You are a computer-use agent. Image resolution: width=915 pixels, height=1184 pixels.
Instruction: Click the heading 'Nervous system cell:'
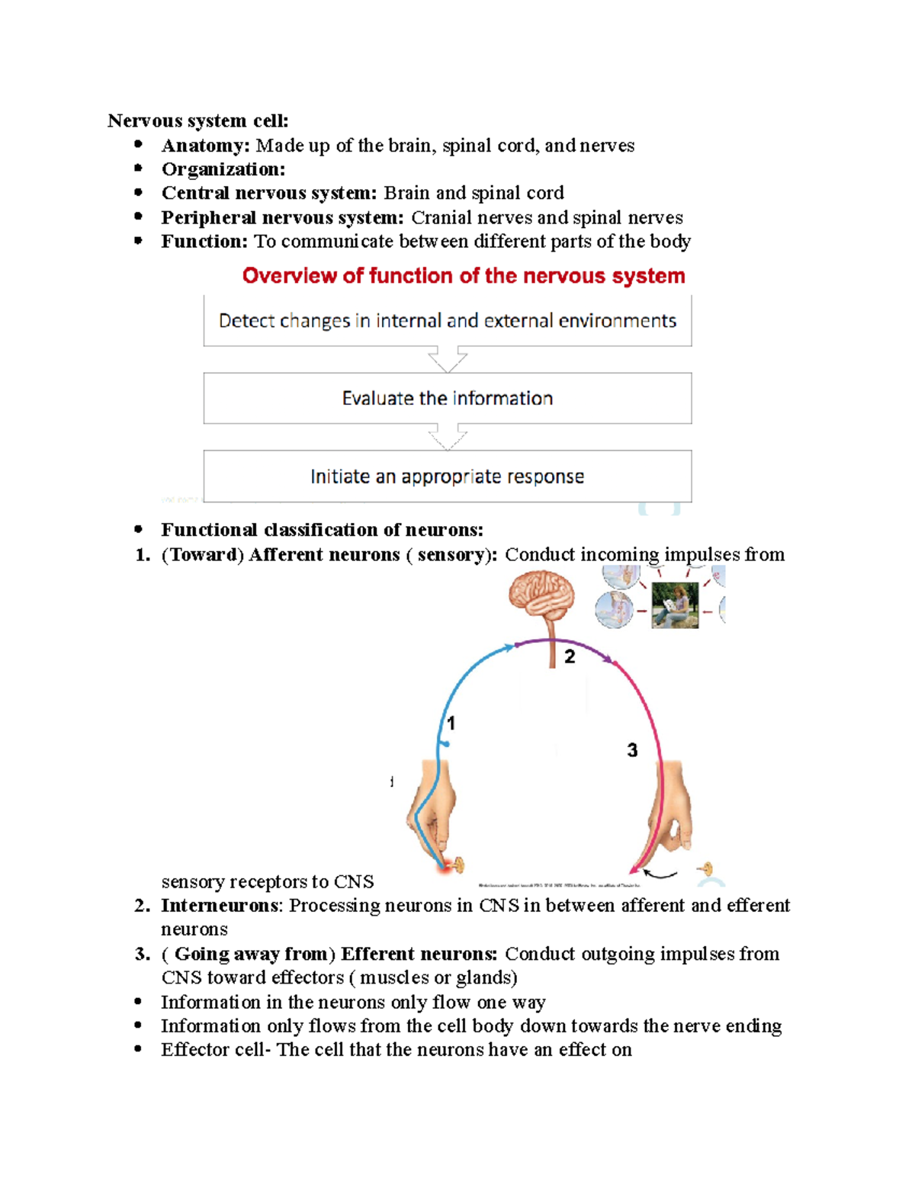click(x=198, y=120)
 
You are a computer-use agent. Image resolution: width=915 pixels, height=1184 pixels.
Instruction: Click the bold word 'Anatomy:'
click(x=205, y=146)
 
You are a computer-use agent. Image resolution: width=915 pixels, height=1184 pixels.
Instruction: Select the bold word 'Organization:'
click(x=223, y=169)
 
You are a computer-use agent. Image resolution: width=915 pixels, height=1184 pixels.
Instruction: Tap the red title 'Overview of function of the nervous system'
click(x=464, y=276)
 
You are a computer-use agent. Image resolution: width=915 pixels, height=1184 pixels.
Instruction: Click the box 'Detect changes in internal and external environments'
click(x=448, y=321)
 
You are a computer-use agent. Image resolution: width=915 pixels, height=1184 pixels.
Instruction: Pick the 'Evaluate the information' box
click(x=448, y=399)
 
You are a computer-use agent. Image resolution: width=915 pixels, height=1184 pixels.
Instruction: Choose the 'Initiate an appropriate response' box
click(x=448, y=476)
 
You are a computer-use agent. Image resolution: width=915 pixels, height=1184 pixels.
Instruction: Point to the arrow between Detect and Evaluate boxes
click(x=448, y=359)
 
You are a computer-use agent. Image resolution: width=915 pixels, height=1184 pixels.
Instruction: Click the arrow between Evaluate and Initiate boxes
click(x=448, y=438)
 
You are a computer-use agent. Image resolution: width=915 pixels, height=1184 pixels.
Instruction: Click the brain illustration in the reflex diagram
click(x=542, y=598)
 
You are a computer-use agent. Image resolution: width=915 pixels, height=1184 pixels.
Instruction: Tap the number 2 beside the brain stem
click(x=570, y=656)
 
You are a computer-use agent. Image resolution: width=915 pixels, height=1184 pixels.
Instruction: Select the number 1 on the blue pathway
click(x=451, y=723)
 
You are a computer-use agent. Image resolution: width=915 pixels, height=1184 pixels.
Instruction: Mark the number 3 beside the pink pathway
click(x=632, y=750)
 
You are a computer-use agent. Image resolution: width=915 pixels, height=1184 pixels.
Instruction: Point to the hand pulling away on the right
click(x=671, y=816)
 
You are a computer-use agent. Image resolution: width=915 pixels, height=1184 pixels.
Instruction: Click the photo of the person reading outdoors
click(x=675, y=605)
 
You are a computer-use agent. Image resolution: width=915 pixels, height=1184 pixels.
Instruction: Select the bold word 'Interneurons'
click(x=220, y=906)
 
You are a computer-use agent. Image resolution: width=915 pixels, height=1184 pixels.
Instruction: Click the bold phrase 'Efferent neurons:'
click(x=419, y=954)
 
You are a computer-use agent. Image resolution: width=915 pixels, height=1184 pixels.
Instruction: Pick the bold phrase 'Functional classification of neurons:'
click(x=322, y=530)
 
